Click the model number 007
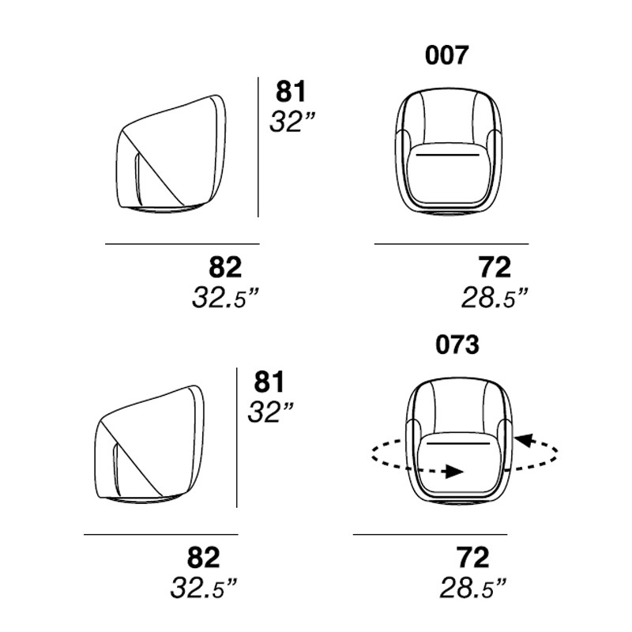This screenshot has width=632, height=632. coord(446,55)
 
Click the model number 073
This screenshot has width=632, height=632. coord(457,345)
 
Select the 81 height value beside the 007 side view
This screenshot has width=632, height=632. coord(291,91)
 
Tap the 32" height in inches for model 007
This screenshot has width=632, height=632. coord(292,122)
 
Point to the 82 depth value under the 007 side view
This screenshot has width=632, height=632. coord(225,266)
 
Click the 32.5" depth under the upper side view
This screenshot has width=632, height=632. coord(225,298)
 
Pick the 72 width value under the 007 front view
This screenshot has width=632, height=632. coord(495,266)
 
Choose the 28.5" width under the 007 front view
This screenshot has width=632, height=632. coord(495,298)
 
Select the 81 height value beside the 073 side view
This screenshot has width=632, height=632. coord(269,382)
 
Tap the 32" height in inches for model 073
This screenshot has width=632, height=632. coord(270,412)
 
